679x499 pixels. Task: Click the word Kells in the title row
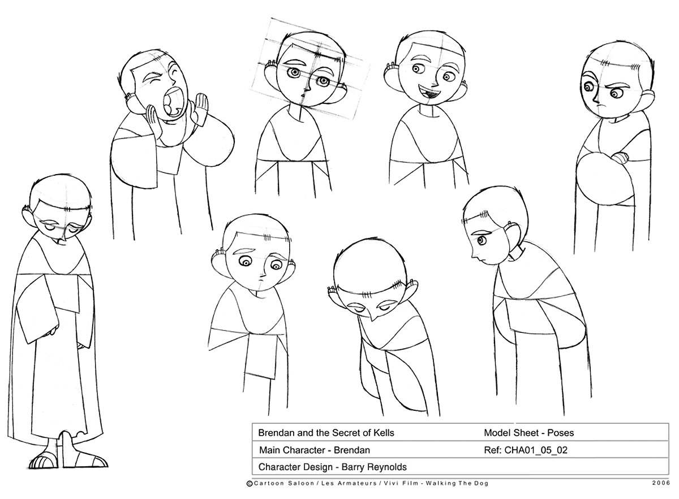click(384, 433)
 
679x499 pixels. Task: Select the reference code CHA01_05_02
click(536, 450)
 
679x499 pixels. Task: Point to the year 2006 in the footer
click(661, 483)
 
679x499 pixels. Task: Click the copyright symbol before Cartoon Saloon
click(250, 484)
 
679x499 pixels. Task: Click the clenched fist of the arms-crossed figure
click(621, 158)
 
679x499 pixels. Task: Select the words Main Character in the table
click(291, 450)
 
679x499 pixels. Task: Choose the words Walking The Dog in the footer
click(457, 483)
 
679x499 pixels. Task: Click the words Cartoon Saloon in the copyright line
click(284, 483)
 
